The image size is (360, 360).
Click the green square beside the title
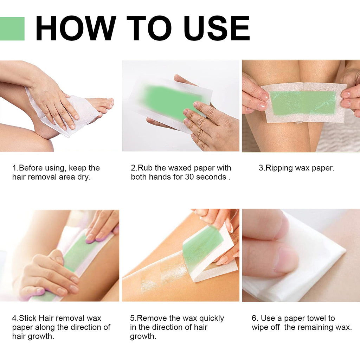[12, 28]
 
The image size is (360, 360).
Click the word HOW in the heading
[76, 28]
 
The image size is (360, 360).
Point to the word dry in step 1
[84, 177]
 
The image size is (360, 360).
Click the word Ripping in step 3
[279, 168]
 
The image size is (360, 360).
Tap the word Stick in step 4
[28, 319]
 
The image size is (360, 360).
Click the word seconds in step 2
[211, 177]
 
